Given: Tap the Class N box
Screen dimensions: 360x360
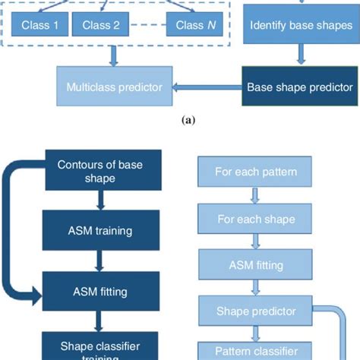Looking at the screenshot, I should pos(189,25).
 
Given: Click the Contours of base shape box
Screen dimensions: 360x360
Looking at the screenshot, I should pos(99,170).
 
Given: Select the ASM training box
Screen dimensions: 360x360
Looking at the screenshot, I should pos(99,227).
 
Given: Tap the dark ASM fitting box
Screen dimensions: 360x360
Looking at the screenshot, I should pos(99,290).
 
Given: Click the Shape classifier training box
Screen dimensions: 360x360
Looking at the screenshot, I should pos(99,346).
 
